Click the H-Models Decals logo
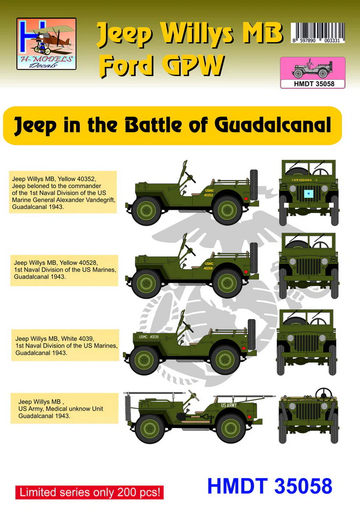[x=46, y=43]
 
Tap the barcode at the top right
[x=318, y=33]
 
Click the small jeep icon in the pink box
[x=312, y=69]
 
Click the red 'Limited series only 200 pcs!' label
[x=89, y=492]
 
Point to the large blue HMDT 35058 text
[x=270, y=486]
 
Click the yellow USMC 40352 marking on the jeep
[x=209, y=193]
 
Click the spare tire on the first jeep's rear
[x=253, y=185]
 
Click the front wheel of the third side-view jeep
[x=144, y=360]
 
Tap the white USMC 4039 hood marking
[x=149, y=336]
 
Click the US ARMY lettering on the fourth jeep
[x=229, y=405]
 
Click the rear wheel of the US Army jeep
[x=231, y=428]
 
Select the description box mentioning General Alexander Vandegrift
[x=63, y=193]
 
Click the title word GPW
[x=194, y=65]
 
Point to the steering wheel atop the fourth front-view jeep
[x=324, y=393]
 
